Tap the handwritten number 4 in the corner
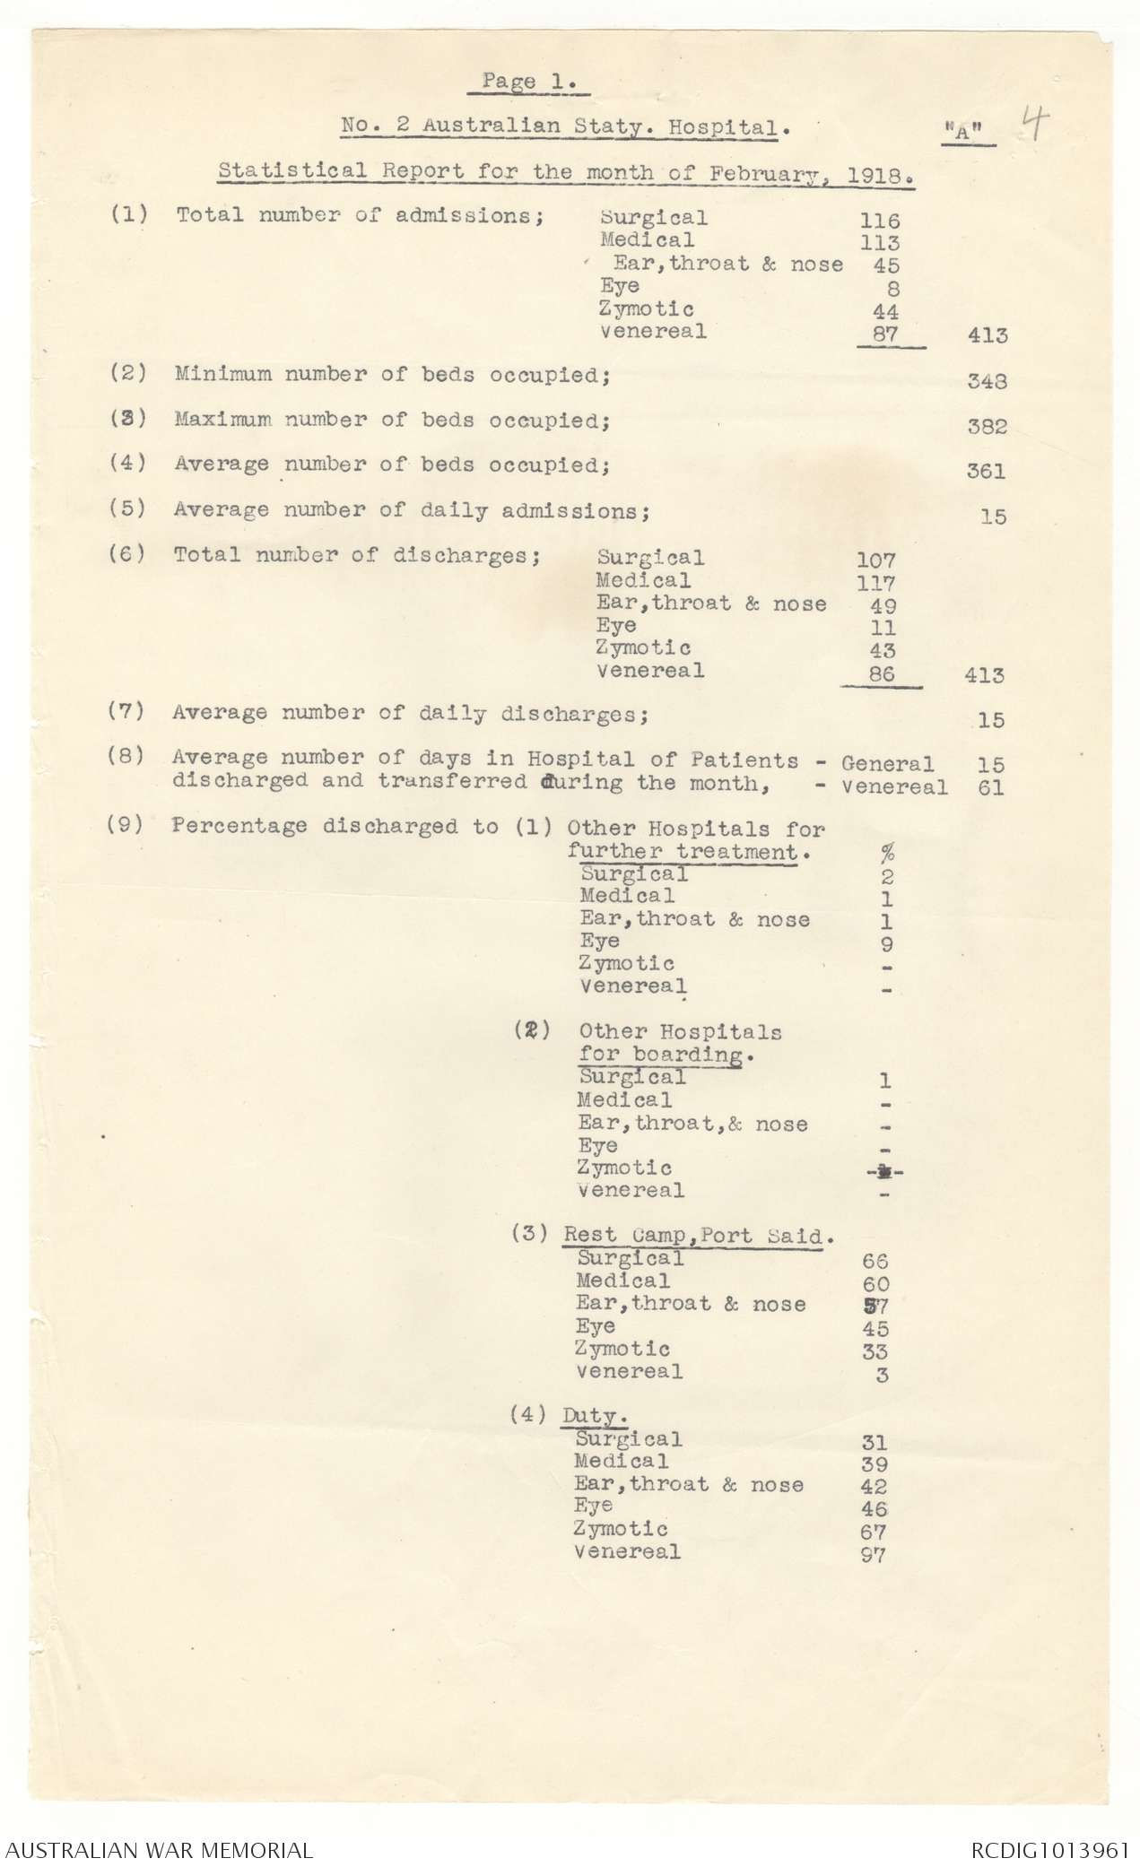pyautogui.click(x=1033, y=126)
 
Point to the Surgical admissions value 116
pyautogui.click(x=878, y=220)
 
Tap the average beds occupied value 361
pyautogui.click(x=986, y=472)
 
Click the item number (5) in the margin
pyautogui.click(x=127, y=508)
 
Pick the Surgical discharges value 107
pyautogui.click(x=875, y=560)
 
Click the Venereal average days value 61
pyautogui.click(x=991, y=788)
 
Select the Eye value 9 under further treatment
pyautogui.click(x=886, y=943)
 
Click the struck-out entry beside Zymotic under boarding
pyautogui.click(x=883, y=1170)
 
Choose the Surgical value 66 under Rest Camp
pyautogui.click(x=875, y=1261)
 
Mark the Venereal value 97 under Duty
pyautogui.click(x=873, y=1556)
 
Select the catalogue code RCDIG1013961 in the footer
pyautogui.click(x=1048, y=1843)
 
